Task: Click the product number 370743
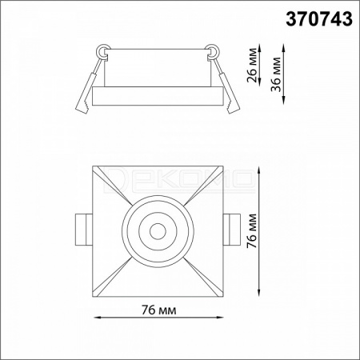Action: point(319,19)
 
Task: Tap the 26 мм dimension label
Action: point(253,65)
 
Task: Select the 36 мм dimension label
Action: point(276,74)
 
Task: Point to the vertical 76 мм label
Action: point(252,231)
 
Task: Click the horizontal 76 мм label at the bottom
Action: point(159,310)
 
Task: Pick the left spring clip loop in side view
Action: point(102,50)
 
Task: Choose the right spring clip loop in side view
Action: point(213,50)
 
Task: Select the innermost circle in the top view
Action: point(158,231)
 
